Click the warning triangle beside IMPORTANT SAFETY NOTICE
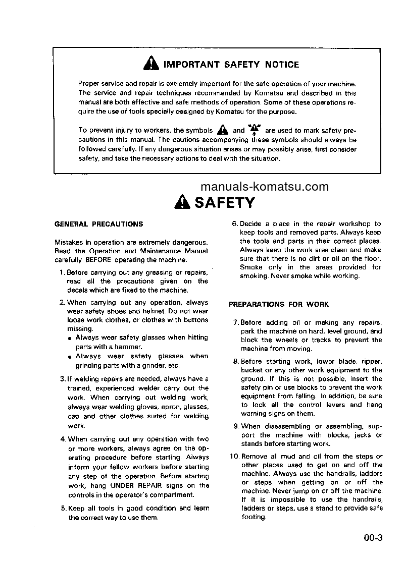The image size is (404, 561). tap(151, 64)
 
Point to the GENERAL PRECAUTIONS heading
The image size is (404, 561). tap(98, 224)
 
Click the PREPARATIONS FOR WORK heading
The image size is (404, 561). tap(279, 304)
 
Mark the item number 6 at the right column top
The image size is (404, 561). tap(234, 223)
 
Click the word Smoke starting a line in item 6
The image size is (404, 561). tap(251, 267)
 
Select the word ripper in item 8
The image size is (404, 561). tap(371, 361)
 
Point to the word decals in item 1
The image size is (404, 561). tap(78, 290)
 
